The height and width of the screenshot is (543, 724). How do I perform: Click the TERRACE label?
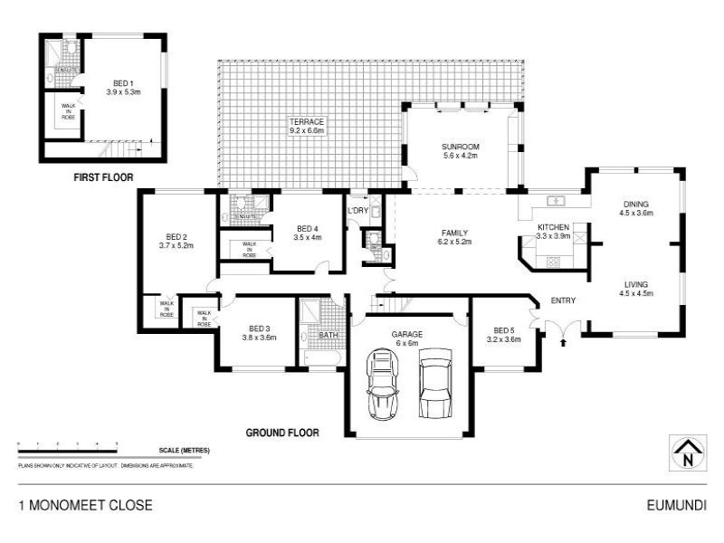307,121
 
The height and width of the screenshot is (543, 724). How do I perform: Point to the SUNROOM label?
460,147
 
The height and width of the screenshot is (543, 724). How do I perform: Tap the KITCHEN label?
553,227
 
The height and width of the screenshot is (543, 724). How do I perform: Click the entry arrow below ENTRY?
564,342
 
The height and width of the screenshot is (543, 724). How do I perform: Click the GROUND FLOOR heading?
282,433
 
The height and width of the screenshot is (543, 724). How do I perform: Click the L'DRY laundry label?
357,212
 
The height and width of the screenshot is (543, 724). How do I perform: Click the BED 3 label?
260,329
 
